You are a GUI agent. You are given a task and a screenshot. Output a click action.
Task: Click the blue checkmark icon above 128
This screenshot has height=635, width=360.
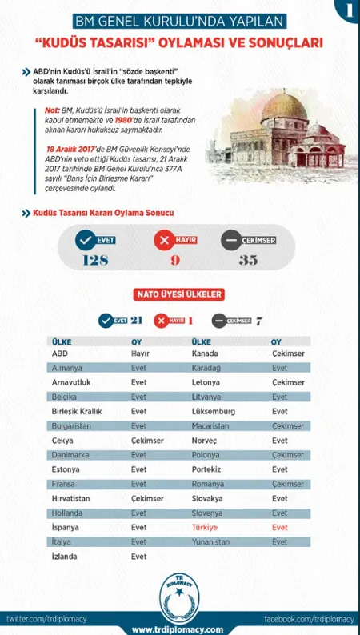pyautogui.click(x=83, y=240)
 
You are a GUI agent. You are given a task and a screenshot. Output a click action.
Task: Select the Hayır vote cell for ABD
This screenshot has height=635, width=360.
pyautogui.click(x=141, y=353)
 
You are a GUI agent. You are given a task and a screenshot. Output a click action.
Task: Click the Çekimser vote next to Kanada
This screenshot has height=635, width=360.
pyautogui.click(x=288, y=353)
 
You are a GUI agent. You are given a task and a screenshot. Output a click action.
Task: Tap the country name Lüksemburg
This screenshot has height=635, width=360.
pyautogui.click(x=212, y=411)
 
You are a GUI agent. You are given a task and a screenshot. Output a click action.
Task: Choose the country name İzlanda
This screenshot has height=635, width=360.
pyautogui.click(x=66, y=557)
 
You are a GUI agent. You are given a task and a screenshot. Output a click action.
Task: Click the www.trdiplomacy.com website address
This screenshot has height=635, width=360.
pyautogui.click(x=178, y=628)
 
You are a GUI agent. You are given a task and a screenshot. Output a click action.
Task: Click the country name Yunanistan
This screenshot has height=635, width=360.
pyautogui.click(x=214, y=542)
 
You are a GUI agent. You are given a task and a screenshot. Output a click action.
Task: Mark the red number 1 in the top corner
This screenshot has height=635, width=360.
pyautogui.click(x=347, y=11)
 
